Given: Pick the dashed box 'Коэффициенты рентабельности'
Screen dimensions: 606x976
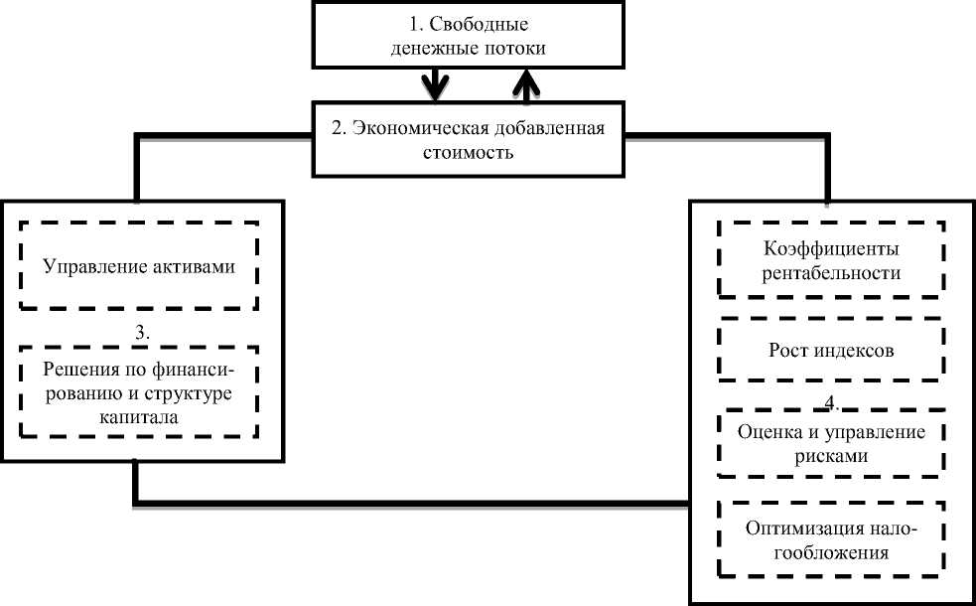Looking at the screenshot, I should coord(831,260).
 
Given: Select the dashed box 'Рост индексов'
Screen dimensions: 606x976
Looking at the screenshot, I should coord(831,350).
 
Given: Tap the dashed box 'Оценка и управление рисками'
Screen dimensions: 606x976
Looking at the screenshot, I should coord(831,442).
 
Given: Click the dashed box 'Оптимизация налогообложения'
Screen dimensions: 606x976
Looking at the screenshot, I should coord(831,536).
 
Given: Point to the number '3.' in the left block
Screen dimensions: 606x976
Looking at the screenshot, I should coord(140,333).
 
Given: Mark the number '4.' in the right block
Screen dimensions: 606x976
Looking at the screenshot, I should coord(833,403).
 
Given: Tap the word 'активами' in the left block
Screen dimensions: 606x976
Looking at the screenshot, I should coord(199,266).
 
